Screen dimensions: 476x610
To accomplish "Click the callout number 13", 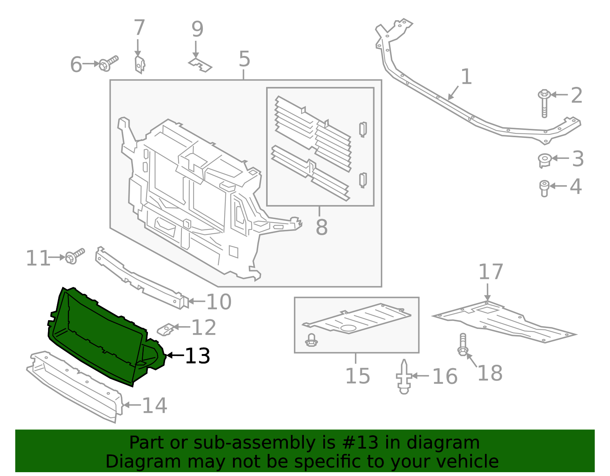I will click(x=197, y=356).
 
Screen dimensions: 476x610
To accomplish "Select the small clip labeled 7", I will click(x=140, y=64).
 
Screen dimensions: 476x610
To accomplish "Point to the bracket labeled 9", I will click(x=200, y=65).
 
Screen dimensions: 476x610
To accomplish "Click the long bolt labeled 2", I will click(x=544, y=103).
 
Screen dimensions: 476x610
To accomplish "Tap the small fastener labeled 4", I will click(x=544, y=188).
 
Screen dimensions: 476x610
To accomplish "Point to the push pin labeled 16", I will click(x=404, y=377).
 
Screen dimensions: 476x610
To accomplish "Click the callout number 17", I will click(x=491, y=272).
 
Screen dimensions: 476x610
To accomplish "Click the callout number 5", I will click(x=244, y=59).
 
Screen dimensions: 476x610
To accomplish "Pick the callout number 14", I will click(x=154, y=405).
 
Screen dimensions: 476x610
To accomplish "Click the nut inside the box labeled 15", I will click(x=311, y=340).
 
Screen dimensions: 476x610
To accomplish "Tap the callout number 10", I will click(x=219, y=302).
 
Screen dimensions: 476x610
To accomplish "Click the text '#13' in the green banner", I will click(x=360, y=443).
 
